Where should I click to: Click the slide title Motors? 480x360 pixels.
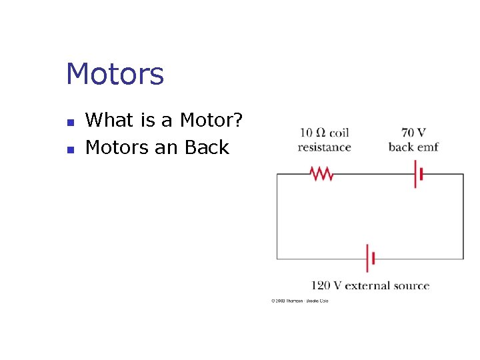115,74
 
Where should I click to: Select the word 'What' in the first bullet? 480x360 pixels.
110,121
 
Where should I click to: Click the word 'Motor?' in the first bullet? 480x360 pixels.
211,121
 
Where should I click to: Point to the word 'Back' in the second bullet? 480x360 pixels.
207,147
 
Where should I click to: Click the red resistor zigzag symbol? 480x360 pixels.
321,174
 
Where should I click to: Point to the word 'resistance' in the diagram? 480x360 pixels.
324,147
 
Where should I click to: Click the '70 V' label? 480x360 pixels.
413,133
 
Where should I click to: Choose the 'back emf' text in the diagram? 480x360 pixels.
413,147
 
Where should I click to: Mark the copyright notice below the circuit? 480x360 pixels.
299,301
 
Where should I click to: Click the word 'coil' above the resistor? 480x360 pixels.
339,133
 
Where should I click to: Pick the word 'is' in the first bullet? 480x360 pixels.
147,121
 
